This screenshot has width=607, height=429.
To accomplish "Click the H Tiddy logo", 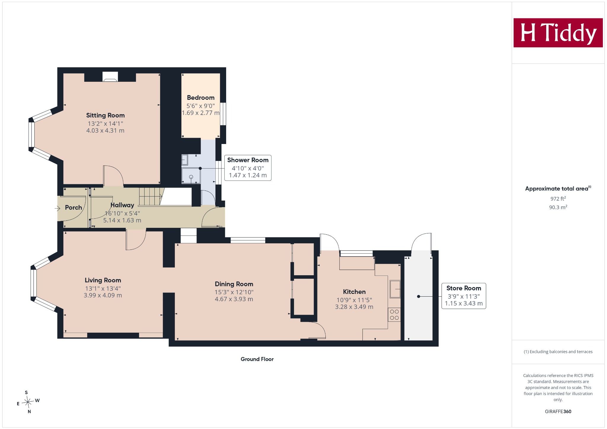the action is point(558,33).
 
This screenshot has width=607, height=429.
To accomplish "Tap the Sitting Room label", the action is point(105,116).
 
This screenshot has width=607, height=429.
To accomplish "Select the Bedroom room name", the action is point(201,98).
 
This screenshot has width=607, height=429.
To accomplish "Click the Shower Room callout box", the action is point(248,168).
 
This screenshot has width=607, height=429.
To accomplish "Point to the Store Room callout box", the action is point(464,296).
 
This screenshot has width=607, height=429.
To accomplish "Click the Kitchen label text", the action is point(354,292).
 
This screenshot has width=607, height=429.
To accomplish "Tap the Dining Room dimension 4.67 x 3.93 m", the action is point(234,299).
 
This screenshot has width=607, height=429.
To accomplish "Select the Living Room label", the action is point(103,280).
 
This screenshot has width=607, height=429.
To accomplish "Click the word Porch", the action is point(74,208).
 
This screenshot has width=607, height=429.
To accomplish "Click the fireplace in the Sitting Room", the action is point(110,76).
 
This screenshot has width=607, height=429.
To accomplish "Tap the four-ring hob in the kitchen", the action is point(394,315).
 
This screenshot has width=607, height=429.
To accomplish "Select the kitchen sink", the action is point(395,289).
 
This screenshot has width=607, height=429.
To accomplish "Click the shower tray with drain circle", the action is point(191,176).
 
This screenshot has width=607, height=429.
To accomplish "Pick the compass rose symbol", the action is point(28,402).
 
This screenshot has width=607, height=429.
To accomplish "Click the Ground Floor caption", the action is point(257,359).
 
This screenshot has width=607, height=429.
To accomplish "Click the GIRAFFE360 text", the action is point(558,412).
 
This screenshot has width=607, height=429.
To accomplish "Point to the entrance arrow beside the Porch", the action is point(57,209).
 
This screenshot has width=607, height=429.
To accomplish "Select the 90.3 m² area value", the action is point(558,207).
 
